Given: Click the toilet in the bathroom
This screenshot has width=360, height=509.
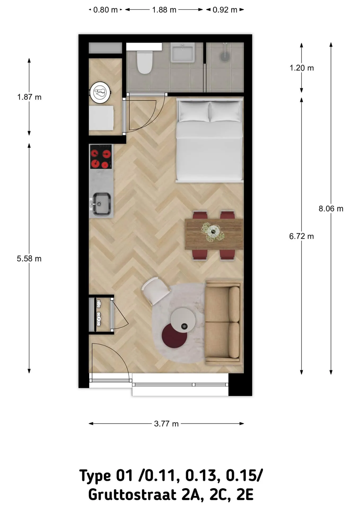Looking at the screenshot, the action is pyautogui.click(x=144, y=62).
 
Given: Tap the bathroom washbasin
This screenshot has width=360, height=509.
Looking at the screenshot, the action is pyautogui.click(x=182, y=52).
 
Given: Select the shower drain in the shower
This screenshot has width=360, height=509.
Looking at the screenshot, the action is pyautogui.click(x=225, y=56).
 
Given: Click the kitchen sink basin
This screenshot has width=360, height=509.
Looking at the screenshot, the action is pyautogui.click(x=102, y=204).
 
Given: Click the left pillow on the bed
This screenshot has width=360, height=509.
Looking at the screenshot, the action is pyautogui.click(x=194, y=111).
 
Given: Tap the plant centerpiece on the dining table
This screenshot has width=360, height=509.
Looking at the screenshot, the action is pyautogui.click(x=212, y=232).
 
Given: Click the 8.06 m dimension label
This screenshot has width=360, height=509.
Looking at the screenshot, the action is pyautogui.click(x=331, y=209).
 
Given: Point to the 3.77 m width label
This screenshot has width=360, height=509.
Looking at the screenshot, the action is pyautogui.click(x=166, y=424).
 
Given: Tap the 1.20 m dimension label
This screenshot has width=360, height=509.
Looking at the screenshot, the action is pyautogui.click(x=302, y=68).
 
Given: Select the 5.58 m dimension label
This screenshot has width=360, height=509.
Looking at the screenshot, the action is pyautogui.click(x=29, y=258).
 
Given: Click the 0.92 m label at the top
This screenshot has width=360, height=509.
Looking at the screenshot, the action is pyautogui.click(x=225, y=10).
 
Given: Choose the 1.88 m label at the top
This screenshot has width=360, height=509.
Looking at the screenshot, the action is pyautogui.click(x=164, y=10).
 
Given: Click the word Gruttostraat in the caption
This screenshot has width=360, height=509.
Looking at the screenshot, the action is pyautogui.click(x=132, y=495).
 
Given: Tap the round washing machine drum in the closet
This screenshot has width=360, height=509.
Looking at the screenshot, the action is pyautogui.click(x=100, y=93).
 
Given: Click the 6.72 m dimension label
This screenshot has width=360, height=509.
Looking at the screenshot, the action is pyautogui.click(x=301, y=236).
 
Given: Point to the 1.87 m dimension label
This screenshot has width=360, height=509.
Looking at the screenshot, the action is pyautogui.click(x=29, y=97).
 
